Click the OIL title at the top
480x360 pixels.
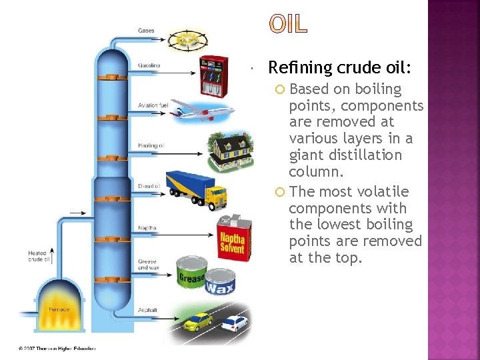pyautogui.click(x=289, y=23)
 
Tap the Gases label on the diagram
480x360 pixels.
pyautogui.click(x=146, y=31)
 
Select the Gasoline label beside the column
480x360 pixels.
pyautogui.click(x=149, y=65)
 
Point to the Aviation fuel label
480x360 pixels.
pyautogui.click(x=153, y=105)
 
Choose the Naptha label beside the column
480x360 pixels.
pyautogui.click(x=147, y=228)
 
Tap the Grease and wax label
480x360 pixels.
pyautogui.click(x=147, y=265)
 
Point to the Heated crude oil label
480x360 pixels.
pyautogui.click(x=37, y=256)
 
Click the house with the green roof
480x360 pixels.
pyautogui.click(x=231, y=151)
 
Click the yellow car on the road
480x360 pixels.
pyautogui.click(x=197, y=323)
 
